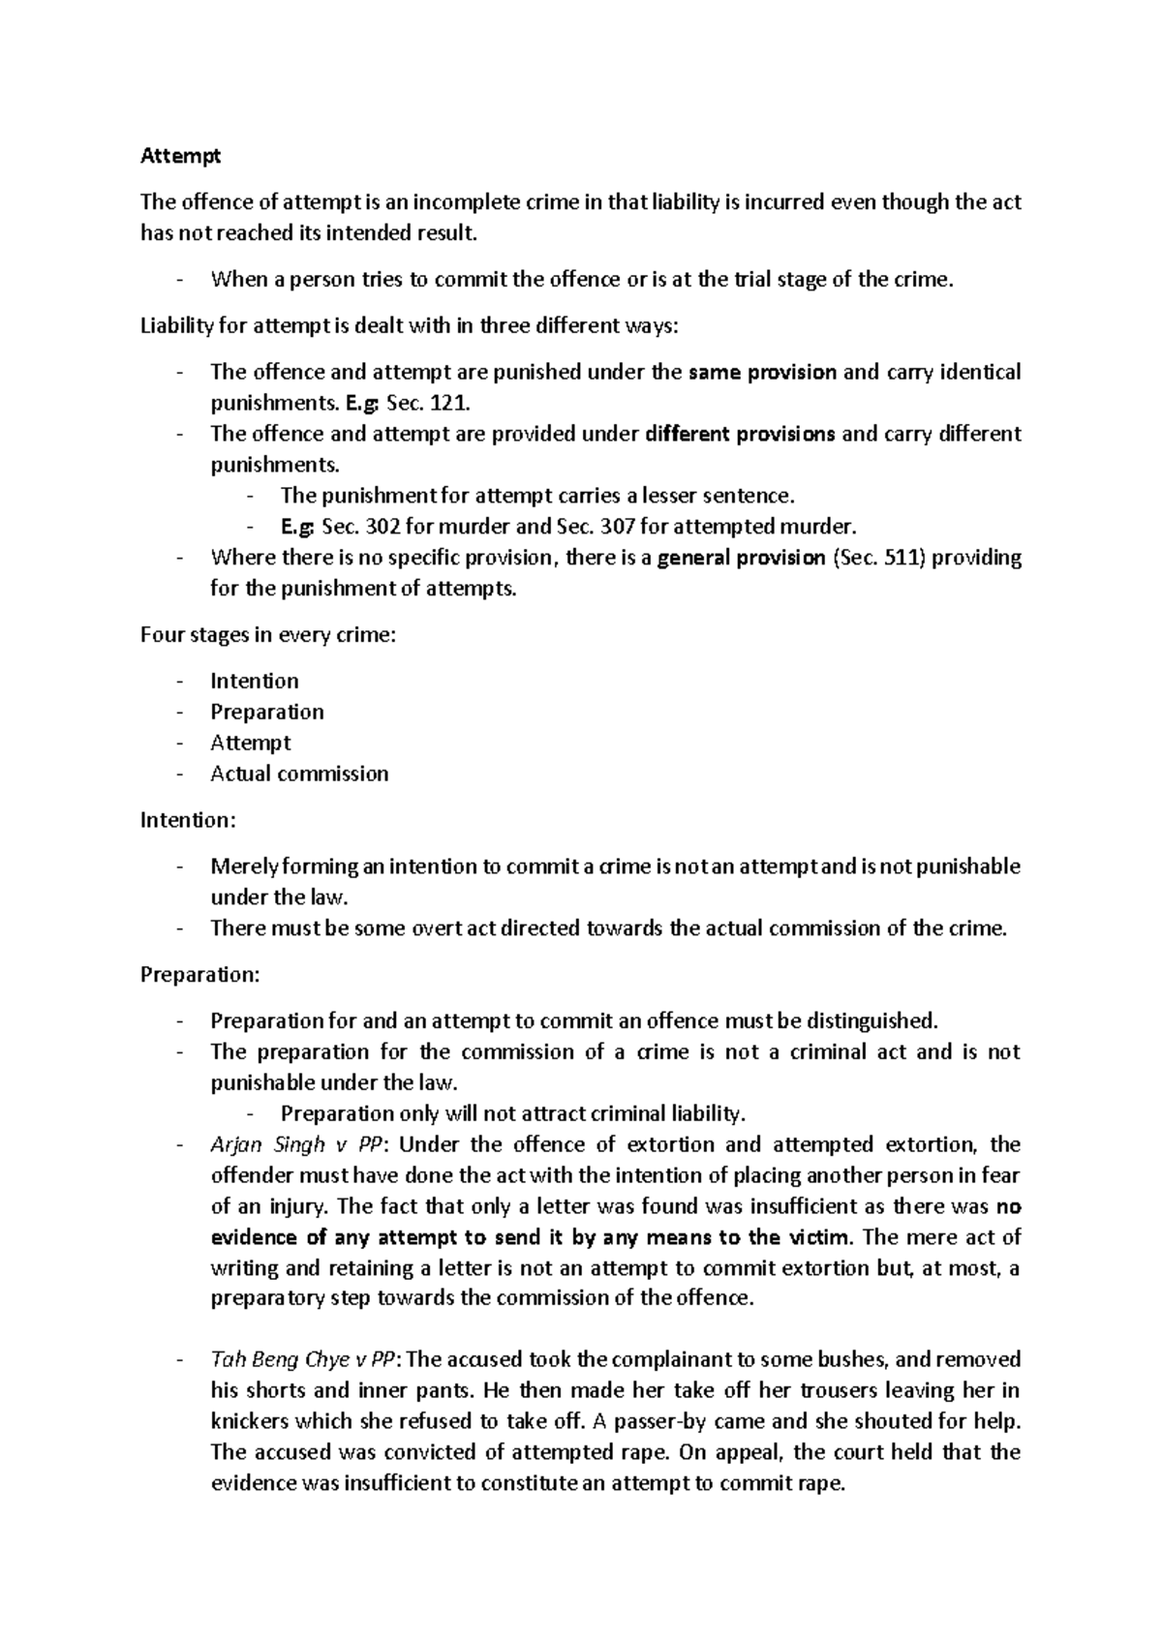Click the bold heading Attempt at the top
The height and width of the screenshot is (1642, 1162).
point(180,155)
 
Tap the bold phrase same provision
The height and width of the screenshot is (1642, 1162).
point(761,372)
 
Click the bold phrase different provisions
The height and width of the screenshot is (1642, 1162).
point(740,434)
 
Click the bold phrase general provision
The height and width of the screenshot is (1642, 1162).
point(741,558)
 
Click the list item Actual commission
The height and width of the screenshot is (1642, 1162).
point(299,774)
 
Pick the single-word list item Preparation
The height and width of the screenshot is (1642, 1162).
point(267,712)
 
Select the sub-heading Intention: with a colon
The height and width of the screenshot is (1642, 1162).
point(188,820)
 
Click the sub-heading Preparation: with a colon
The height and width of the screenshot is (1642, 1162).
point(200,974)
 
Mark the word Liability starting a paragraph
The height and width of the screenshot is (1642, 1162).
point(177,325)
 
